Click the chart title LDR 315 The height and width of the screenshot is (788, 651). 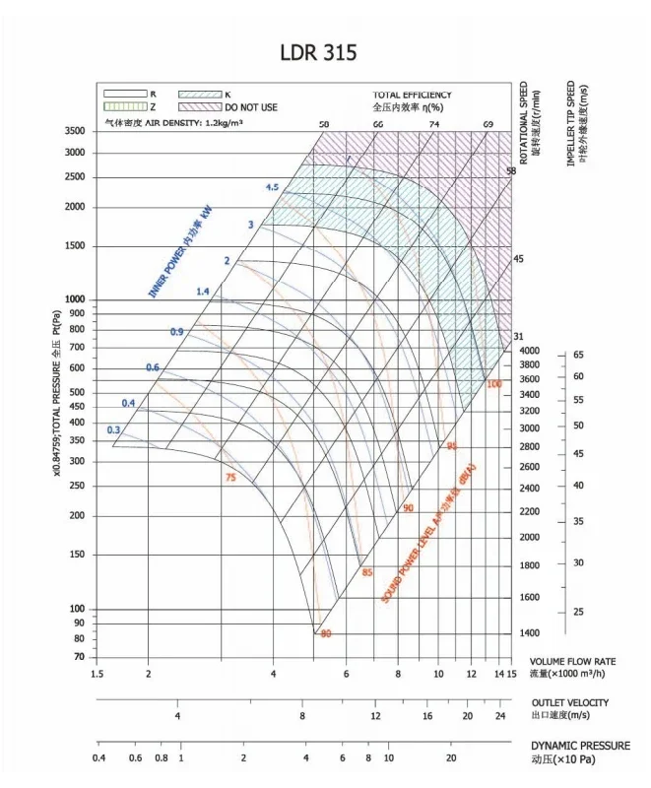[x=317, y=52]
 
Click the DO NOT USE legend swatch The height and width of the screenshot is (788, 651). [x=198, y=104]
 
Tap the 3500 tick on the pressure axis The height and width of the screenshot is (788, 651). [x=75, y=131]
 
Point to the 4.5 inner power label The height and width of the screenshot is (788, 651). [x=272, y=187]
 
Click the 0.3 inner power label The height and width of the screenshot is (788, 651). [x=113, y=429]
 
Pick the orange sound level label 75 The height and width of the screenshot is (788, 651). [x=230, y=478]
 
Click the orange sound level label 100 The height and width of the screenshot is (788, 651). [x=493, y=383]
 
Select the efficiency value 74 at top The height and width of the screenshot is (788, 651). [x=433, y=125]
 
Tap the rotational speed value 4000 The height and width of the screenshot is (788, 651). [x=529, y=351]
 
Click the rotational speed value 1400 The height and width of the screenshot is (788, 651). [x=529, y=633]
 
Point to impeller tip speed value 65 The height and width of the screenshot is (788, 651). [x=579, y=354]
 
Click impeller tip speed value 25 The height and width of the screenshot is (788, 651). [x=579, y=612]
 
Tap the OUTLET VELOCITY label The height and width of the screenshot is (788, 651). [x=569, y=702]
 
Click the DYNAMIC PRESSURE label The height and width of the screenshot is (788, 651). [x=580, y=746]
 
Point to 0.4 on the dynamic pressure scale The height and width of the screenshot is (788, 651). [x=98, y=758]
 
